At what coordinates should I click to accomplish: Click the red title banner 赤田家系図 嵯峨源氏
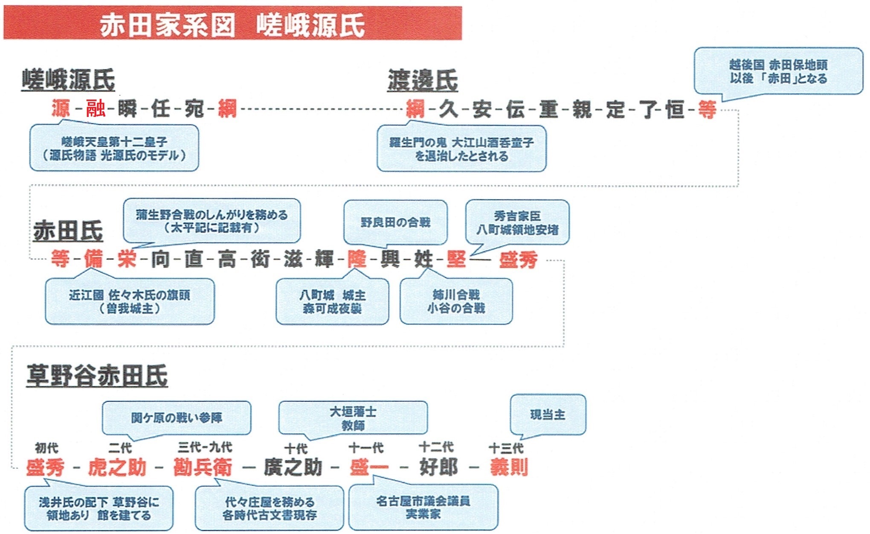[232, 23]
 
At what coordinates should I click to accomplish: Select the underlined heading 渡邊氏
[422, 80]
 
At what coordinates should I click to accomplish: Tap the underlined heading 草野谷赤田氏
[97, 376]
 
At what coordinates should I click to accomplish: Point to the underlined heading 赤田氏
[68, 231]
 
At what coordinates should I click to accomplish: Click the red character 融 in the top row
[96, 109]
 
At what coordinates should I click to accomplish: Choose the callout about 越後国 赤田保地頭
[778, 71]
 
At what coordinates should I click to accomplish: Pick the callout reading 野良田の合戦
[395, 222]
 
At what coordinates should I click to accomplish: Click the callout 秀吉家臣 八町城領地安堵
[517, 222]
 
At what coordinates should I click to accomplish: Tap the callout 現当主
[548, 414]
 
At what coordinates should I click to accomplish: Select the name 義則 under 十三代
[509, 467]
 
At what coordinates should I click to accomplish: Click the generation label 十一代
[366, 448]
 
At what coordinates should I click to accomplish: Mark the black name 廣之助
[293, 467]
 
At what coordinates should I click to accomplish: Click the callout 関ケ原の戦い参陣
[177, 417]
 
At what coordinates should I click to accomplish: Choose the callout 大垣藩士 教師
[353, 418]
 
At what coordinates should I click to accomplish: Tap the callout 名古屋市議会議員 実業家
[423, 507]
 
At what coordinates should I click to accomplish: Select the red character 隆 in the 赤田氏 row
[357, 259]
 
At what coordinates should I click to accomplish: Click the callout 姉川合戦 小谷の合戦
[456, 301]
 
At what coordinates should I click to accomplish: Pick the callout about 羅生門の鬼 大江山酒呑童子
[461, 149]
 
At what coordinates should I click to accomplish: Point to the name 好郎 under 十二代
[439, 467]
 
